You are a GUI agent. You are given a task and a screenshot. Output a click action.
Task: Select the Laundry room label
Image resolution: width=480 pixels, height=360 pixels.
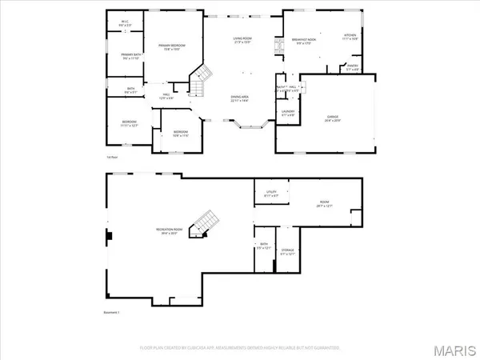coord(288,113)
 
